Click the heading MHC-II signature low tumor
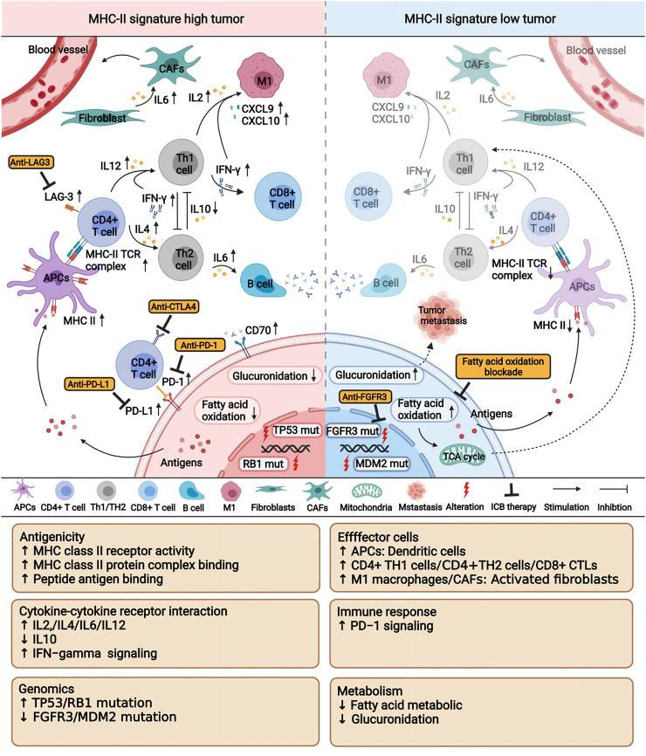click(x=485, y=19)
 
